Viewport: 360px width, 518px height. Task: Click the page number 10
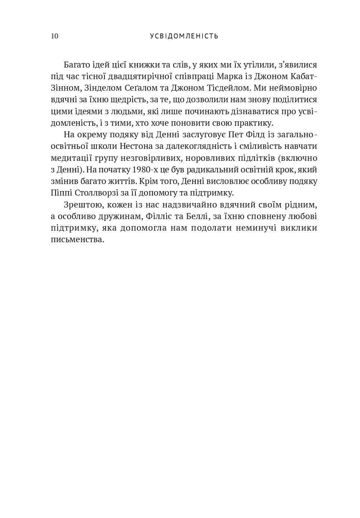[54, 36]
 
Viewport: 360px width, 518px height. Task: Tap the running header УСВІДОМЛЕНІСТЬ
[184, 36]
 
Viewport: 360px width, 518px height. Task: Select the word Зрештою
[81, 205]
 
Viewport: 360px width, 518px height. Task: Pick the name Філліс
[161, 216]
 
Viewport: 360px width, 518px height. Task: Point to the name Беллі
[200, 216]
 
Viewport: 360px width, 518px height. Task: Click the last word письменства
[77, 240]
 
